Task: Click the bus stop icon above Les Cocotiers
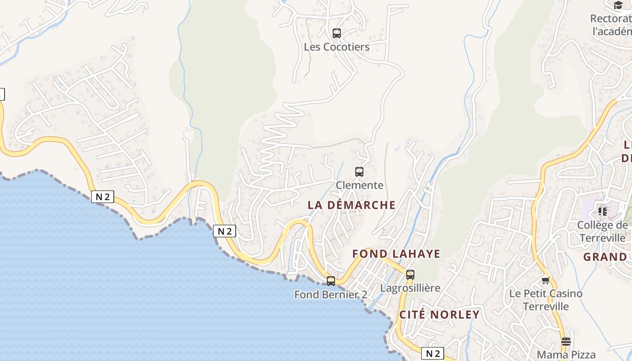[x=336, y=33]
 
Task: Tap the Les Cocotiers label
[x=336, y=47]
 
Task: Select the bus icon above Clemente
[x=359, y=171]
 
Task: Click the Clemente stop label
[x=359, y=185]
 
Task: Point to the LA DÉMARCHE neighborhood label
[x=351, y=205]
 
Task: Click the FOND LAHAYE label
[x=396, y=254]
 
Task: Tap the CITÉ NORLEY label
[x=439, y=315]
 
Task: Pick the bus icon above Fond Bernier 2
[x=331, y=281]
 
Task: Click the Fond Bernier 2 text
[x=330, y=295]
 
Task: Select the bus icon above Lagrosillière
[x=410, y=274]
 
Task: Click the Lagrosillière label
[x=410, y=288]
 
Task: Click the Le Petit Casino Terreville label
[x=545, y=300]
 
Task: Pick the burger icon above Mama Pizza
[x=566, y=341]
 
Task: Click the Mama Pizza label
[x=566, y=355]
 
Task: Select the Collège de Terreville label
[x=603, y=231]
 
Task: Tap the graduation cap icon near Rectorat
[x=618, y=5]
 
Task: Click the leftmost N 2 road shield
[x=102, y=197]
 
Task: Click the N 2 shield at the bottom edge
[x=432, y=353]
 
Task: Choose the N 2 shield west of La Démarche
[x=224, y=231]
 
